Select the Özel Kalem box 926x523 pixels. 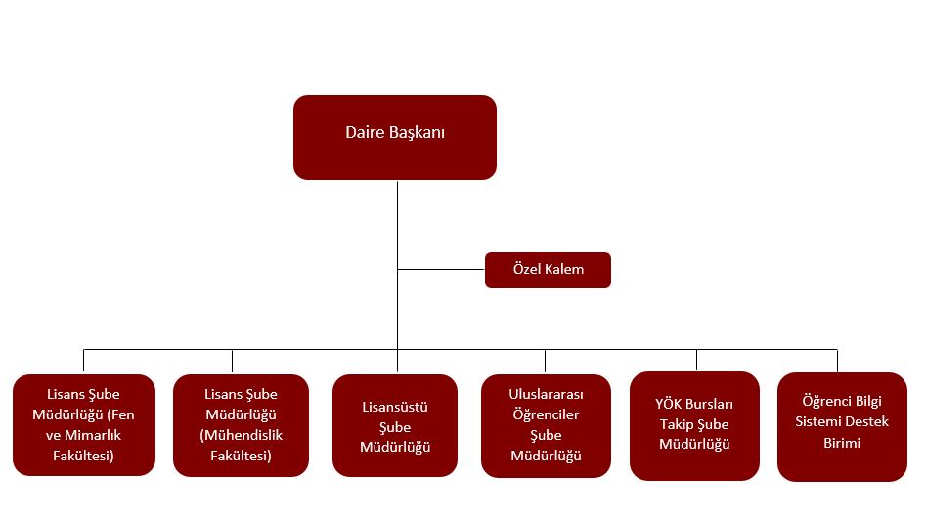tap(548, 270)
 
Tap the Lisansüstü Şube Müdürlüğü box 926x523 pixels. tap(395, 426)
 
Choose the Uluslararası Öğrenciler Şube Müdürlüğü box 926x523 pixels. tap(546, 426)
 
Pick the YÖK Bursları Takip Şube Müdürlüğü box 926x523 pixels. tap(694, 426)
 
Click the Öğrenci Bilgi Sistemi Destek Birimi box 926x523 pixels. tap(842, 426)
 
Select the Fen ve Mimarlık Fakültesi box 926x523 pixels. tap(84, 426)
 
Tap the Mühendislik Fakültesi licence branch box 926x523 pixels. tap(241, 426)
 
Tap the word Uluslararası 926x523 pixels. tap(546, 394)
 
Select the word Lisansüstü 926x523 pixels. tap(395, 407)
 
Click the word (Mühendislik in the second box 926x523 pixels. tap(241, 435)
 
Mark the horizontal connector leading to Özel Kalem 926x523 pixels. tap(441, 269)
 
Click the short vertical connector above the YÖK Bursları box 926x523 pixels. tap(696, 360)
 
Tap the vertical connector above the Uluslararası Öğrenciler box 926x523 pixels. tap(546, 361)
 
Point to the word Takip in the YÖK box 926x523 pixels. tap(677, 424)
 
